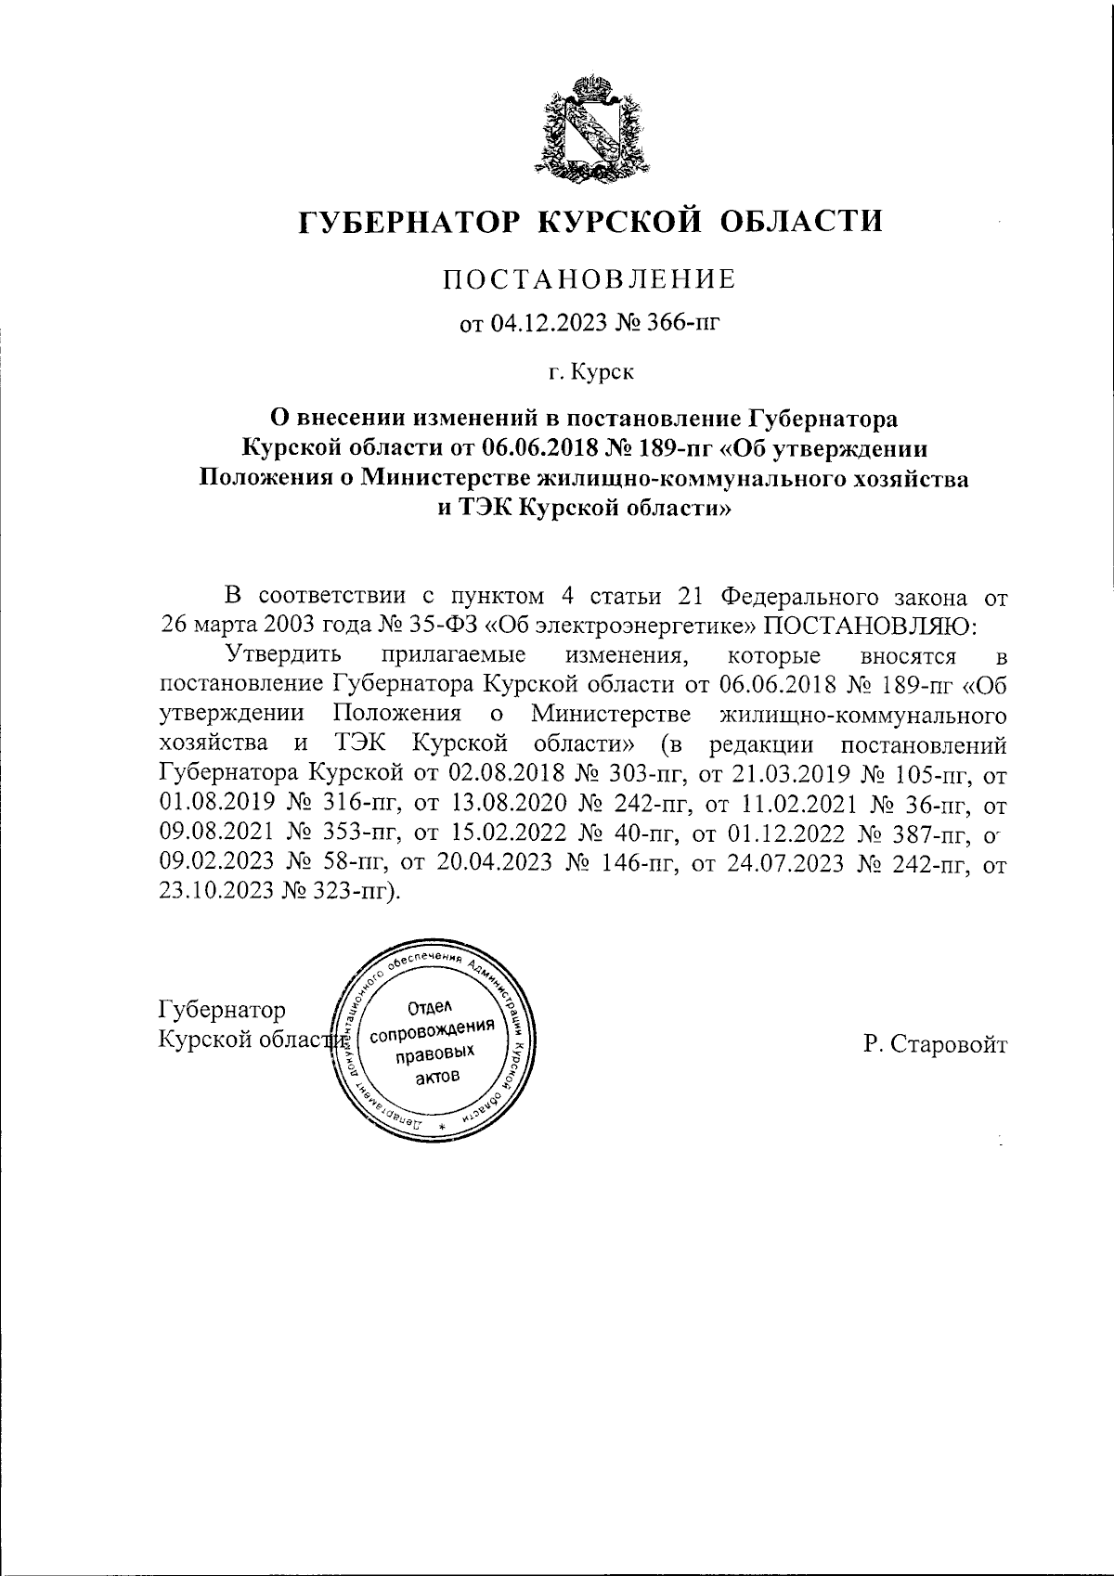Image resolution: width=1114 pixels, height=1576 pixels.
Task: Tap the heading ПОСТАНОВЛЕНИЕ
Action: [x=589, y=278]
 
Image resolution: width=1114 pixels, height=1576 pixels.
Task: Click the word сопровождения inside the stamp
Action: [x=430, y=1033]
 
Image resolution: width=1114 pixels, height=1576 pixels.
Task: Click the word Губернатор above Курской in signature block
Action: [x=223, y=1010]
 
